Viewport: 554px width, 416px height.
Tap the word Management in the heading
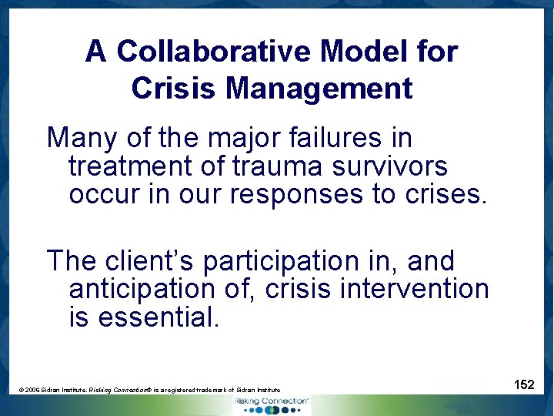click(x=319, y=88)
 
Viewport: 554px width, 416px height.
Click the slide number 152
click(x=524, y=384)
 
